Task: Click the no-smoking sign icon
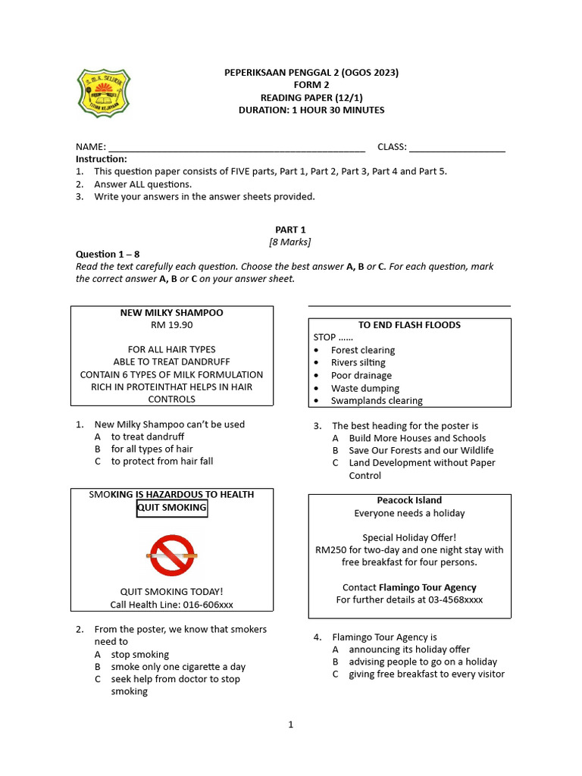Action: pos(171,555)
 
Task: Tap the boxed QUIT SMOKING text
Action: pos(172,508)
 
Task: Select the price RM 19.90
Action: pos(172,324)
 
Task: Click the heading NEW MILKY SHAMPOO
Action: pos(172,312)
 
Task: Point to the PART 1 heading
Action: pos(290,230)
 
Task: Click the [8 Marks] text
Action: pos(290,242)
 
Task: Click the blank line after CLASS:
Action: pos(457,147)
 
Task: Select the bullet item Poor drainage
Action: pos(361,375)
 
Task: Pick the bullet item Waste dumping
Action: pos(365,388)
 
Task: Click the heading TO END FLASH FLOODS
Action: pos(409,325)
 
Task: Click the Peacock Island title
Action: pos(409,500)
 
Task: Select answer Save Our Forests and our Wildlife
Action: pos(421,450)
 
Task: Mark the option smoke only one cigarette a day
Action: pos(178,667)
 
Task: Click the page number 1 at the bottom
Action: pos(290,724)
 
